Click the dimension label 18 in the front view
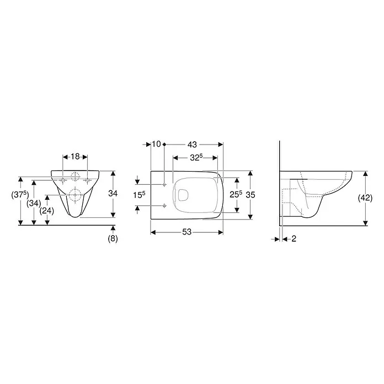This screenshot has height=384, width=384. click(x=75, y=157)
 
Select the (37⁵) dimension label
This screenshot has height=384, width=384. click(x=20, y=195)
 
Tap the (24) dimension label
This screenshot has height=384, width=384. click(x=47, y=211)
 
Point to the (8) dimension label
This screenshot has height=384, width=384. click(x=113, y=238)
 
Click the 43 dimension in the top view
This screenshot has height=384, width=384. click(x=192, y=145)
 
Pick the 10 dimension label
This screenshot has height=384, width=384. click(x=156, y=144)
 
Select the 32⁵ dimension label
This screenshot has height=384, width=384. click(x=196, y=158)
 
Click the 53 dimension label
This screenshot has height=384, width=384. click(x=186, y=232)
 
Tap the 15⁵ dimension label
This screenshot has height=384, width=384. click(x=139, y=195)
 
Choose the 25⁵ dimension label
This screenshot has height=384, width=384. click(x=236, y=194)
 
